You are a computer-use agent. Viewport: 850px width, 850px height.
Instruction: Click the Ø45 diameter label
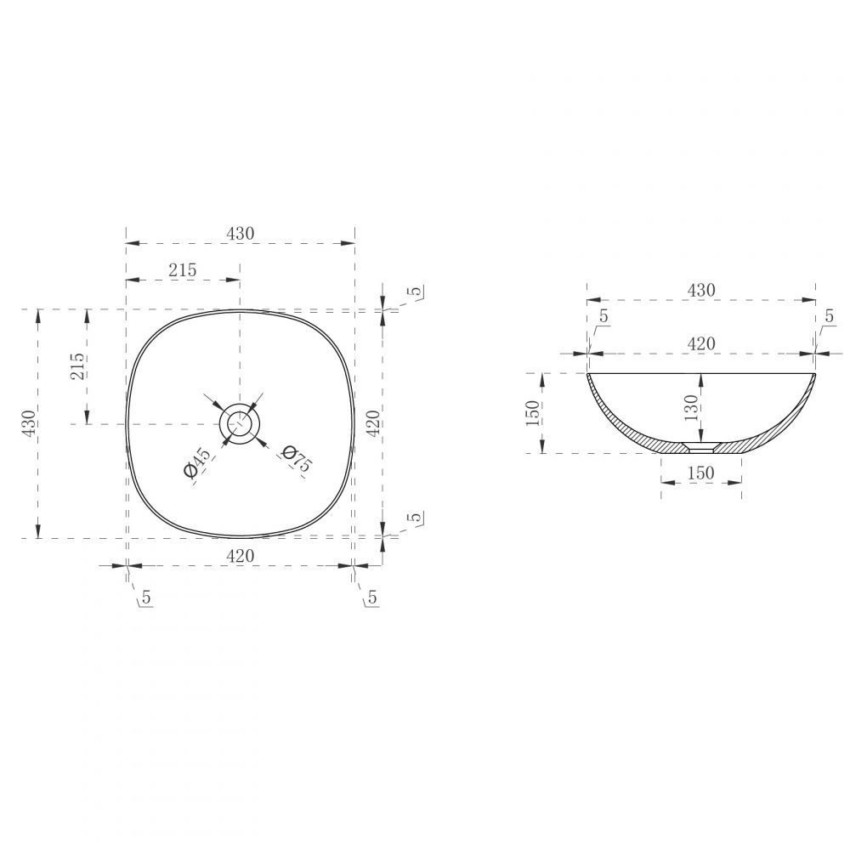point(197,462)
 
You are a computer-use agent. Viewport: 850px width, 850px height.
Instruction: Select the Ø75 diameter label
point(297,458)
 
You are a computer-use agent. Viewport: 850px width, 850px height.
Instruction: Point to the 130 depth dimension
point(691,408)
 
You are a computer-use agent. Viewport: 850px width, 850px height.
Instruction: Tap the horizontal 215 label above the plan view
point(182,270)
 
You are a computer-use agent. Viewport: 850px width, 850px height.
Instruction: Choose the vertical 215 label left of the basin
point(77,365)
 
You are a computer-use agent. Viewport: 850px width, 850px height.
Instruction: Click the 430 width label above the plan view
point(240,234)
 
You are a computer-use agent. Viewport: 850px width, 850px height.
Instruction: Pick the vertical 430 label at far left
point(28,422)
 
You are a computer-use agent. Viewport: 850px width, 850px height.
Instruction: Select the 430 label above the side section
point(701,291)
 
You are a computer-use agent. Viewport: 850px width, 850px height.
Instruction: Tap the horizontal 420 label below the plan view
point(240,556)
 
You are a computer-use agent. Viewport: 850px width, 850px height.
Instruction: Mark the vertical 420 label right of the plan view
point(373,423)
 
